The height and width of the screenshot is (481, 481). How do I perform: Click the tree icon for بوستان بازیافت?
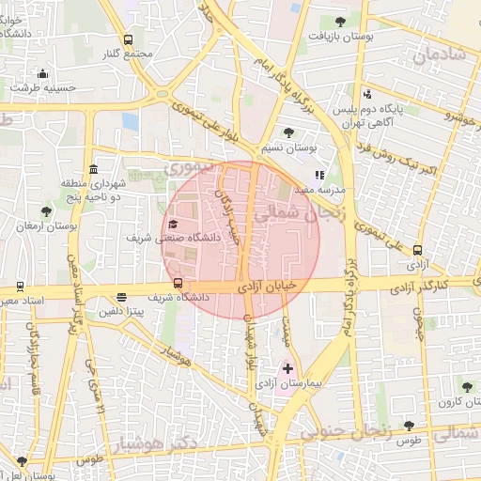(339, 21)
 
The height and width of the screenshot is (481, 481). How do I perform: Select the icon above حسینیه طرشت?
(42, 74)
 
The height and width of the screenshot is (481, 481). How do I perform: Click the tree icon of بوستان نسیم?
(287, 132)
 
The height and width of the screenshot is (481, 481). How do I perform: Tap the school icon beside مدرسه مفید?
(320, 174)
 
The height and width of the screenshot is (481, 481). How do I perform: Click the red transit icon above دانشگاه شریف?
(178, 283)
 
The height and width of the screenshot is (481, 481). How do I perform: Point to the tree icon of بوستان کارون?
(466, 386)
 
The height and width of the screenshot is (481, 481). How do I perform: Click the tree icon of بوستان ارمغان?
(47, 211)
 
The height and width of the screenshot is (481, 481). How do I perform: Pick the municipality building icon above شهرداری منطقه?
(95, 168)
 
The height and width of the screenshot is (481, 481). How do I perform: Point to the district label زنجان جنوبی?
(355, 431)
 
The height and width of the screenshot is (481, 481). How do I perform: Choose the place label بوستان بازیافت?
(339, 37)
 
